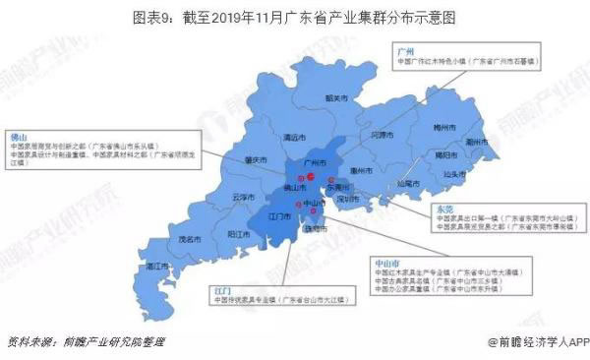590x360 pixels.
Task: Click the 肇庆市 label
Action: [x=255, y=160]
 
